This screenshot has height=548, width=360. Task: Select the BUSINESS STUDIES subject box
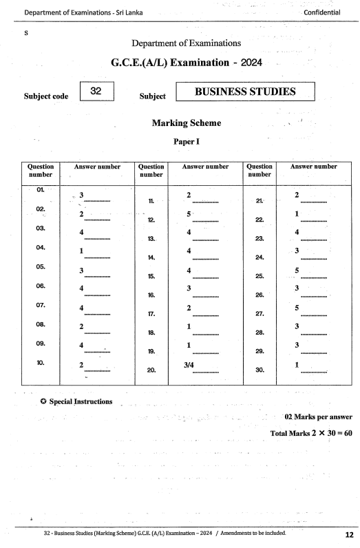(x=245, y=92)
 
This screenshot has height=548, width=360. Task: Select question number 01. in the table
(x=41, y=189)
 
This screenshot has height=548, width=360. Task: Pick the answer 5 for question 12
(x=189, y=214)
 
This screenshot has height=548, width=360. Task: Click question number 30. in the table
(x=260, y=370)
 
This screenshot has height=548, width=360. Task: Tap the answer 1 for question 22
(x=297, y=214)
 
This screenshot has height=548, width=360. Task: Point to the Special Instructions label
(x=80, y=401)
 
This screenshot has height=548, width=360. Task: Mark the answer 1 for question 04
(x=81, y=251)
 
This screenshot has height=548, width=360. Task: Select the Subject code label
(x=46, y=96)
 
